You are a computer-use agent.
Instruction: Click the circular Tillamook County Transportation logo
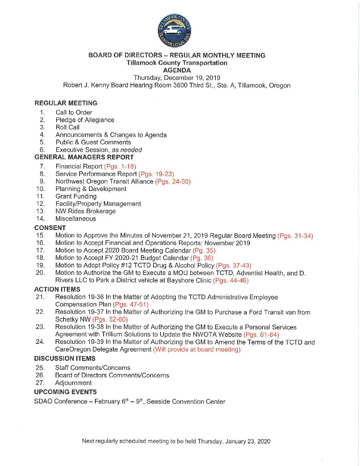174,31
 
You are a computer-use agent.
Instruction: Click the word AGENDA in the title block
177,70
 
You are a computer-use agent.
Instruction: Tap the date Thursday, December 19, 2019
177,78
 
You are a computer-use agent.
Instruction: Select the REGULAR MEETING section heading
66,103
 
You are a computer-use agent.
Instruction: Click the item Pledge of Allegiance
85,120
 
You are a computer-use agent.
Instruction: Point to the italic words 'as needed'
127,150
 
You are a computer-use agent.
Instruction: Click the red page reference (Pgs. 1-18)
120,166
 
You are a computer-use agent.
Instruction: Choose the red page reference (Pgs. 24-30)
173,181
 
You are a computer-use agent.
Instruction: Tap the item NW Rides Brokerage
86,211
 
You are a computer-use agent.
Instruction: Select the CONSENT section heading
50,228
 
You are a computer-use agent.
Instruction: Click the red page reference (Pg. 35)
204,251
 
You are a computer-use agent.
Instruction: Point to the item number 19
40,265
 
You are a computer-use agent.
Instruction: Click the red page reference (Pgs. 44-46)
231,280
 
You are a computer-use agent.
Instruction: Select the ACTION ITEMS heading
57,289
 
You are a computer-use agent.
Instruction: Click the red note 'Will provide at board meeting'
197,349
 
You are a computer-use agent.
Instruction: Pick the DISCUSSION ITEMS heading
65,358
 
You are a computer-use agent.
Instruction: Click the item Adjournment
73,383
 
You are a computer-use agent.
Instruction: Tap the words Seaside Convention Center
186,401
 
